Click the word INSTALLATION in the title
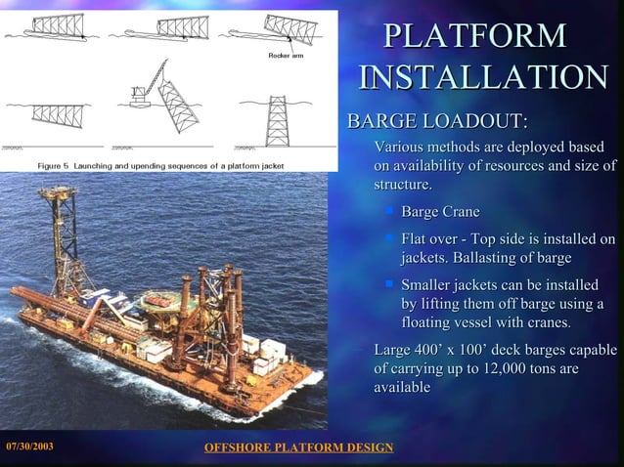[483, 79]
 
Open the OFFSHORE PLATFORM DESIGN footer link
[297, 447]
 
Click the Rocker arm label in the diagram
[284, 55]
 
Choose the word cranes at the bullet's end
[548, 322]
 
